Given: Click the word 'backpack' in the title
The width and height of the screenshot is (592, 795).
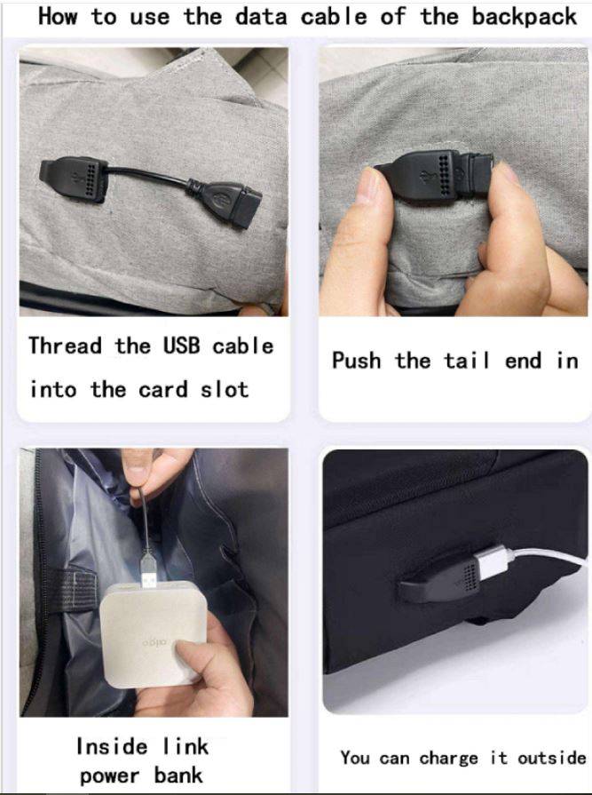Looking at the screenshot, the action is click(525, 17).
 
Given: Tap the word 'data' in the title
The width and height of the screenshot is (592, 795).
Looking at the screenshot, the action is click(261, 17).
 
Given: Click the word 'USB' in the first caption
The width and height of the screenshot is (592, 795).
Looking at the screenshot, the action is click(181, 346).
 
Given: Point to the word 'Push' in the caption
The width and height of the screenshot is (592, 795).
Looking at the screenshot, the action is click(357, 361).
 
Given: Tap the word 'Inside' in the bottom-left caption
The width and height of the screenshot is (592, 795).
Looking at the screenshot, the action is click(112, 746).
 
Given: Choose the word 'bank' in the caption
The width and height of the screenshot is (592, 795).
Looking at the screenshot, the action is click(178, 775).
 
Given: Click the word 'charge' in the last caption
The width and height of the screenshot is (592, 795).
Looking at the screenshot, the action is click(449, 758).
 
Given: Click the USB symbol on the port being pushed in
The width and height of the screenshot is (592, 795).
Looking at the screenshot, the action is click(424, 178).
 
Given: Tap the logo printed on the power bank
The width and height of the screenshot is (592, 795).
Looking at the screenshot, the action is click(154, 643).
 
